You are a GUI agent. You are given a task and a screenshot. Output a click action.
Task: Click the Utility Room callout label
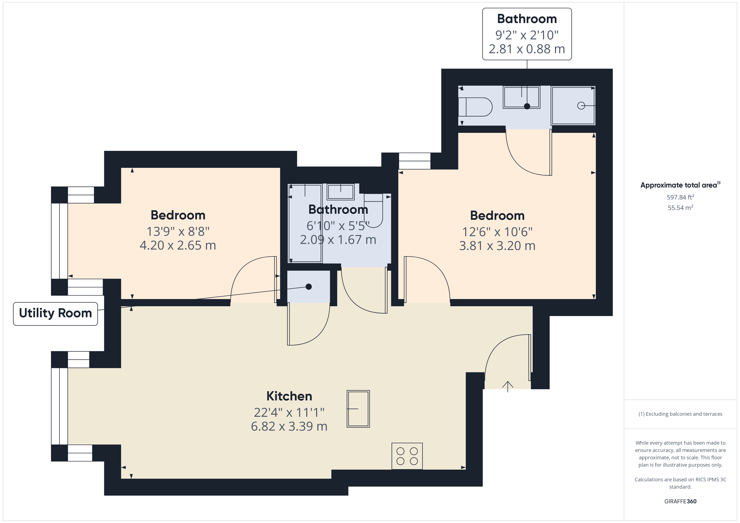pos(55,313)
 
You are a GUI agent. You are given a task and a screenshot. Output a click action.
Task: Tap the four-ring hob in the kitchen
pos(407,456)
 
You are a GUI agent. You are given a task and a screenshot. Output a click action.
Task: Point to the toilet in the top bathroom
pos(475,107)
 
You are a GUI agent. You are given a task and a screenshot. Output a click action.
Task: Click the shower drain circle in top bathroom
pos(581,105)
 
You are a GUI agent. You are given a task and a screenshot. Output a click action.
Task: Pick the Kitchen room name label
pos(289,396)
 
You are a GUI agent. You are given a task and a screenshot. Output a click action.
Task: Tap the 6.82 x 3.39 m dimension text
pos(289,426)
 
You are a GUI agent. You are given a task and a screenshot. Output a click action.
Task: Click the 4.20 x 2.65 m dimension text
pos(178,245)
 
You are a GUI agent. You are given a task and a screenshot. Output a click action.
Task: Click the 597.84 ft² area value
pos(680,197)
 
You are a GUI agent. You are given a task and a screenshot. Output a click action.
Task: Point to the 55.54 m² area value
pos(680,208)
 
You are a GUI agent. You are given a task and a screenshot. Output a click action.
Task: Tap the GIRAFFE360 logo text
pos(680,501)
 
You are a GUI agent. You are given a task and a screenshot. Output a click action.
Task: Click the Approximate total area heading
pos(680,185)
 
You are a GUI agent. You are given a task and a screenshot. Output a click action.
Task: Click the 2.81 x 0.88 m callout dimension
pos(527,49)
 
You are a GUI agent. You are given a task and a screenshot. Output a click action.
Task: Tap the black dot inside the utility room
pos(309,287)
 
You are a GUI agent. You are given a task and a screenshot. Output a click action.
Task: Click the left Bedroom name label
pos(178,215)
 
